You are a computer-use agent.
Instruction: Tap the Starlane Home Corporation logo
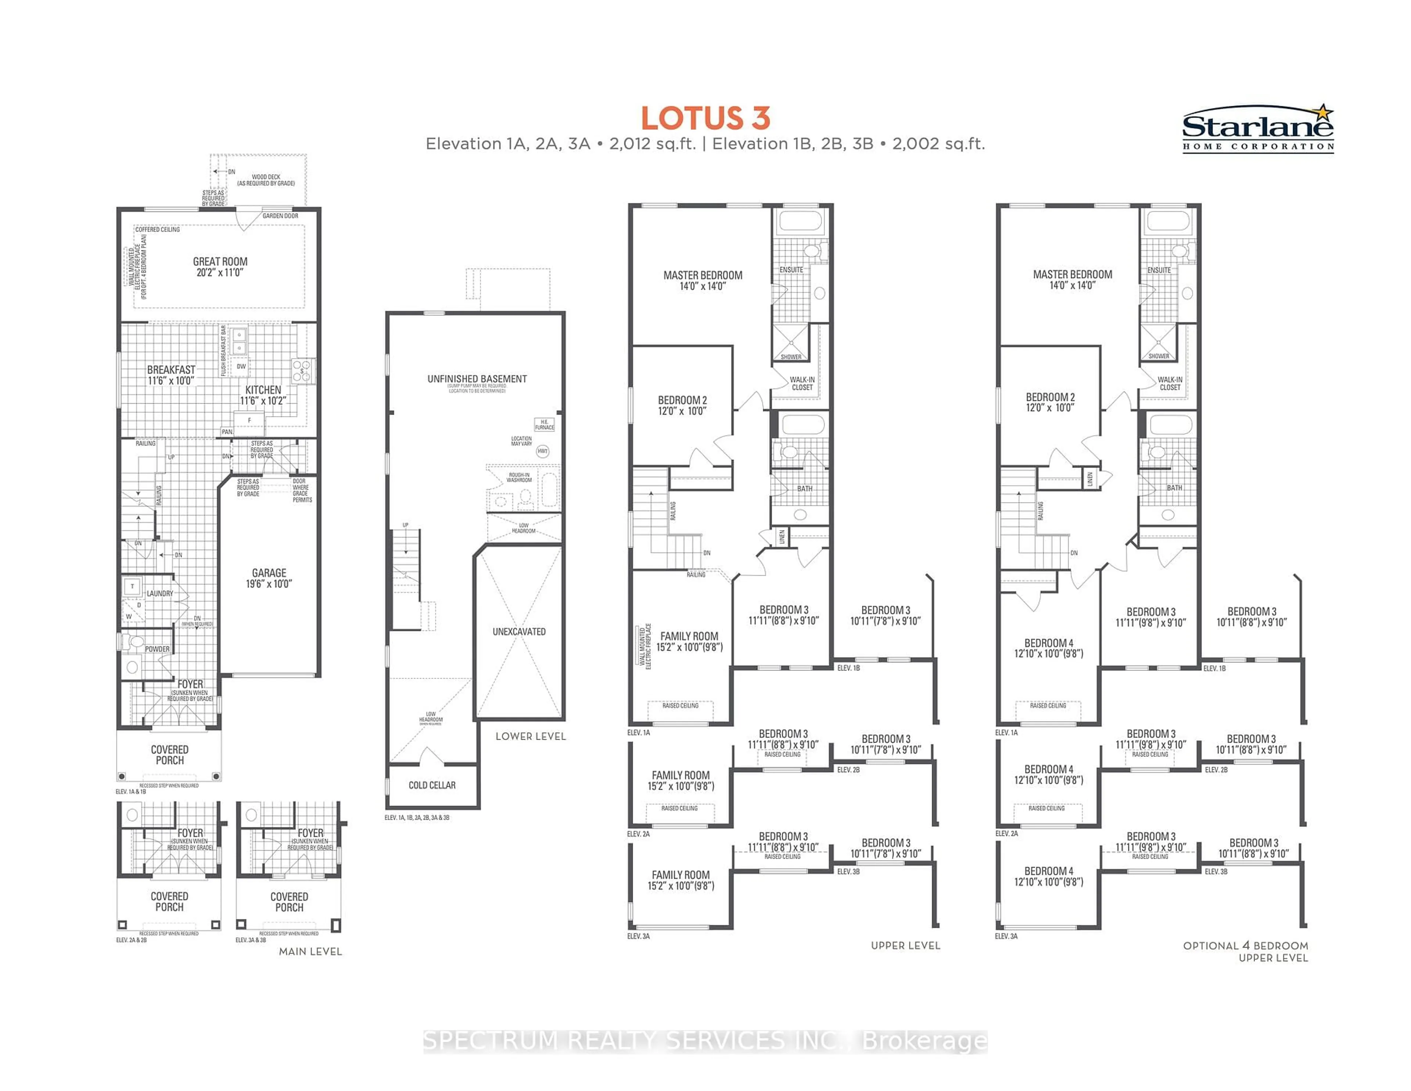coord(1257,129)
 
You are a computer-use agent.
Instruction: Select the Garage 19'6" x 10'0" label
coord(269,578)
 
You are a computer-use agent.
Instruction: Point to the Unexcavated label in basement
coord(519,632)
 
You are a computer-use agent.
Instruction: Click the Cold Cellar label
coord(432,785)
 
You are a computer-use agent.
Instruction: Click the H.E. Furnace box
coord(544,425)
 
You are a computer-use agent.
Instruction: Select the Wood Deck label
coord(266,180)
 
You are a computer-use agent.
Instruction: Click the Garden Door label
coord(280,216)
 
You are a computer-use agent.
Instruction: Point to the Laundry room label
coord(159,593)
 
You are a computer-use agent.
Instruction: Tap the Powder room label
coord(157,649)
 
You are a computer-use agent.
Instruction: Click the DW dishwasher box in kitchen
coord(241,366)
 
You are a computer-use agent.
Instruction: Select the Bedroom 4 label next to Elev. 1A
coord(1049,648)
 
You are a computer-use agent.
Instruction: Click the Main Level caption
coord(310,951)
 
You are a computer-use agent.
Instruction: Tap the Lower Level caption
coord(531,736)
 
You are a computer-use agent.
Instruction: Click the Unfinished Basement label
coord(477,379)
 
